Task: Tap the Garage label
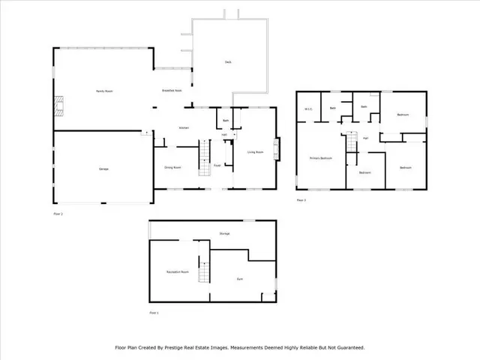click(103, 169)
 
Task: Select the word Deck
click(227, 61)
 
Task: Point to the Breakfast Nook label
click(172, 91)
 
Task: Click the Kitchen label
click(183, 128)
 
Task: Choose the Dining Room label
click(173, 167)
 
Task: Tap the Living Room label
click(255, 152)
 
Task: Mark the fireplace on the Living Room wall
click(277, 148)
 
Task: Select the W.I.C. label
click(308, 109)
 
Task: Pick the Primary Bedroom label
click(321, 158)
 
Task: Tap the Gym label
click(240, 279)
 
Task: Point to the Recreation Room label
click(178, 271)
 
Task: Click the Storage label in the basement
click(224, 234)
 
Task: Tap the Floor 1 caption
click(154, 312)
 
